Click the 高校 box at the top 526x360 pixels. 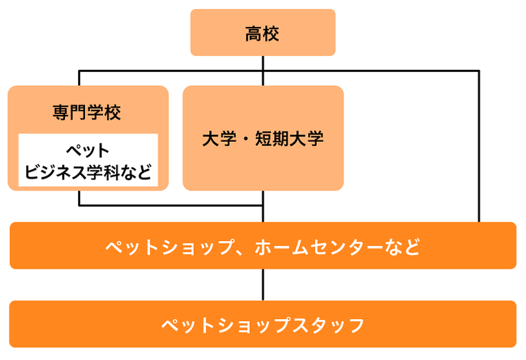pyautogui.click(x=263, y=33)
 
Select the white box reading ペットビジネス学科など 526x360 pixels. pyautogui.click(x=88, y=161)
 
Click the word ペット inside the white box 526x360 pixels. pyautogui.click(x=88, y=151)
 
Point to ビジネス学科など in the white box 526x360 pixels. pyautogui.click(x=88, y=172)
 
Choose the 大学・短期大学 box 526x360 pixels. pyautogui.click(x=263, y=138)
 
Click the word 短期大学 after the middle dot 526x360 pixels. pyautogui.click(x=293, y=138)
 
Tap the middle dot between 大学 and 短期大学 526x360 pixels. pyautogui.click(x=248, y=138)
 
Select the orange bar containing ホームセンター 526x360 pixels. pyautogui.click(x=263, y=246)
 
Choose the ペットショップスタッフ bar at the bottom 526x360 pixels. pyautogui.click(x=263, y=324)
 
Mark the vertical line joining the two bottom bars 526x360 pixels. pyautogui.click(x=263, y=285)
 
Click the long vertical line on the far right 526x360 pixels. pyautogui.click(x=478, y=145)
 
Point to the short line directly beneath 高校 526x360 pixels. pyautogui.click(x=263, y=63)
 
